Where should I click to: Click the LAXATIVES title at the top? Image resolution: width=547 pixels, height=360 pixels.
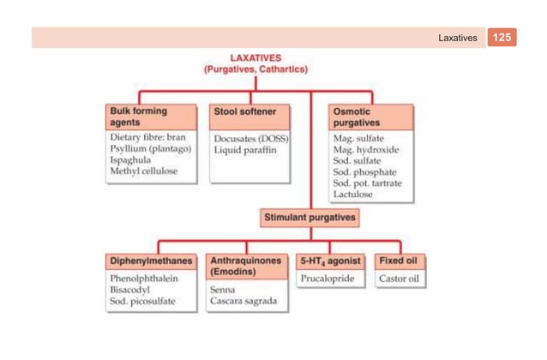pyautogui.click(x=255, y=57)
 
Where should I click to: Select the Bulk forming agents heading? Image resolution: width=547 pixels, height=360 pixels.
pyautogui.click(x=139, y=117)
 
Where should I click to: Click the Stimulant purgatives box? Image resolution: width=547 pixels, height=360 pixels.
pyautogui.click(x=310, y=219)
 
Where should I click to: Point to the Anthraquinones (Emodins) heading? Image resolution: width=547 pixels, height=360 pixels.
pyautogui.click(x=246, y=266)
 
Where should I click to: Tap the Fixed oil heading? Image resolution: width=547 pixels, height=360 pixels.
pyautogui.click(x=400, y=261)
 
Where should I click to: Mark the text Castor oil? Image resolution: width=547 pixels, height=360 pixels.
pyautogui.click(x=399, y=279)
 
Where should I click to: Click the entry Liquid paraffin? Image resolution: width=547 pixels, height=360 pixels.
pyautogui.click(x=243, y=149)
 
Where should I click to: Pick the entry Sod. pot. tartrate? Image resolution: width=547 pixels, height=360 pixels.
pyautogui.click(x=366, y=183)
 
